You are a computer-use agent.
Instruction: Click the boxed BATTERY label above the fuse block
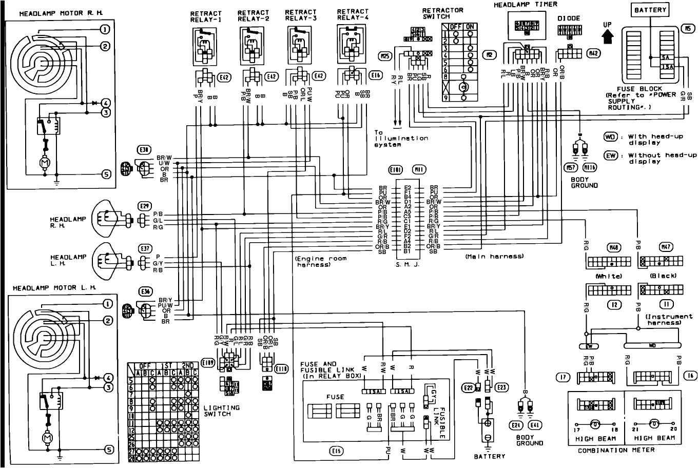coord(650,10)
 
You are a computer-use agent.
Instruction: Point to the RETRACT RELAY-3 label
coord(300,15)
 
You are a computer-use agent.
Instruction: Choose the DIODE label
coord(568,18)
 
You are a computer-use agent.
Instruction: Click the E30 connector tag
coord(144,150)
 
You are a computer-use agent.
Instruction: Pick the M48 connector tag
coord(613,247)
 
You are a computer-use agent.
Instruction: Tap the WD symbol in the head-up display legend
coord(610,137)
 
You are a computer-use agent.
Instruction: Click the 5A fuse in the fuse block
coord(666,58)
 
